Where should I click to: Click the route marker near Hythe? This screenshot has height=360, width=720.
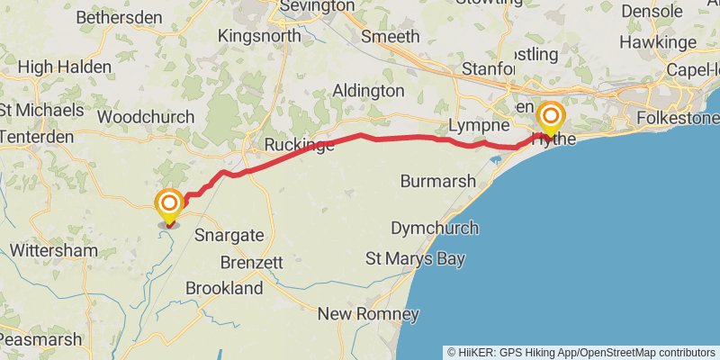pyautogui.click(x=550, y=118)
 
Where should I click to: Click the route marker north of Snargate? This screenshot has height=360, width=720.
pyautogui.click(x=168, y=203)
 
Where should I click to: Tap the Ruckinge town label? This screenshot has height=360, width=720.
pyautogui.click(x=300, y=145)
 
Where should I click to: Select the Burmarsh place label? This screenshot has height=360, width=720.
pyautogui.click(x=437, y=181)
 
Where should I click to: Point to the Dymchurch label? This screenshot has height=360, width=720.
pyautogui.click(x=435, y=228)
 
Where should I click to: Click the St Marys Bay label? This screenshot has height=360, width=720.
pyautogui.click(x=415, y=259)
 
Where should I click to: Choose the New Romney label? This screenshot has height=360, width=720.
pyautogui.click(x=368, y=314)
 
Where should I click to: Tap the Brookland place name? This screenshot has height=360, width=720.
pyautogui.click(x=224, y=288)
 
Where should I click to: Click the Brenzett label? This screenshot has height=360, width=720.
pyautogui.click(x=252, y=263)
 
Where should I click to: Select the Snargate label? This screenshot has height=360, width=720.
pyautogui.click(x=229, y=235)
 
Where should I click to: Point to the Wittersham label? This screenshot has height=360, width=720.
pyautogui.click(x=55, y=250)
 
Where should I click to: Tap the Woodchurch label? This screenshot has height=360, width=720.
pyautogui.click(x=146, y=117)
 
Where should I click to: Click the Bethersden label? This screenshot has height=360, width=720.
pyautogui.click(x=119, y=17)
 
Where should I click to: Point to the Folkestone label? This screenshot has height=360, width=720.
pyautogui.click(x=677, y=118)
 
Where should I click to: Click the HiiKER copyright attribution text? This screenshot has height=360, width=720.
pyautogui.click(x=581, y=352)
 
